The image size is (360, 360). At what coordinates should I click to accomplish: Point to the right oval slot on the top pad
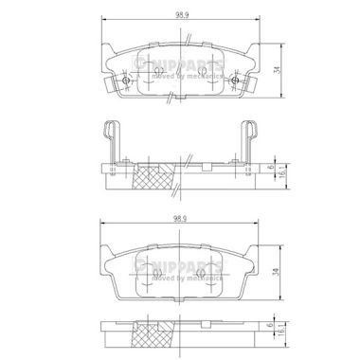click(203, 76)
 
